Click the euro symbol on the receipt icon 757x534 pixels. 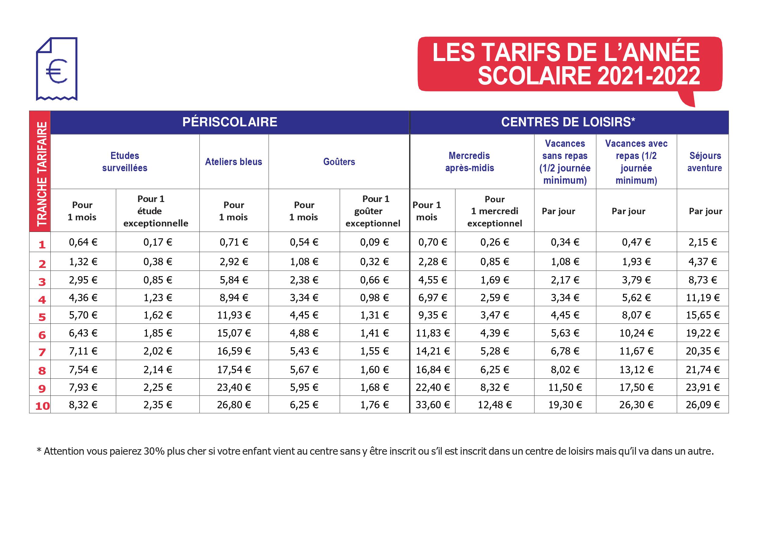click(56, 71)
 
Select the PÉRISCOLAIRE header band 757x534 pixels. click(230, 122)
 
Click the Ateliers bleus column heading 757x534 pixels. click(234, 162)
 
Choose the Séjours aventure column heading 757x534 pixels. click(704, 162)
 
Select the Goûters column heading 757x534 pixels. click(339, 162)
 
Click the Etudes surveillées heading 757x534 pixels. click(125, 162)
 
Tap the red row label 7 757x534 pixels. click(42, 352)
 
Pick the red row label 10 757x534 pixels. click(42, 406)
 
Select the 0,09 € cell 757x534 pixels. click(374, 242)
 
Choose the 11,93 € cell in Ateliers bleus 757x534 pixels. click(234, 315)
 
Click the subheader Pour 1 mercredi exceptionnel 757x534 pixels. click(494, 211)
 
